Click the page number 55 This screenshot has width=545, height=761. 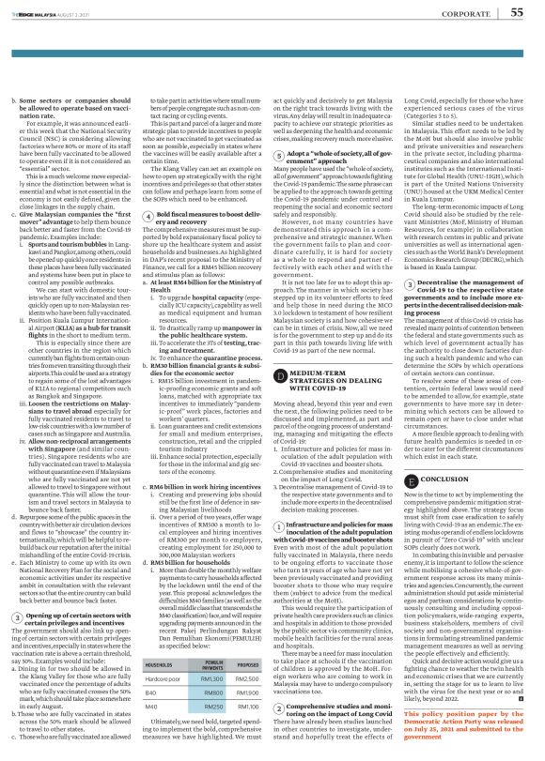pyautogui.click(x=516, y=12)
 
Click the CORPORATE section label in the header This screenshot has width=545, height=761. pyautogui.click(x=462, y=13)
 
